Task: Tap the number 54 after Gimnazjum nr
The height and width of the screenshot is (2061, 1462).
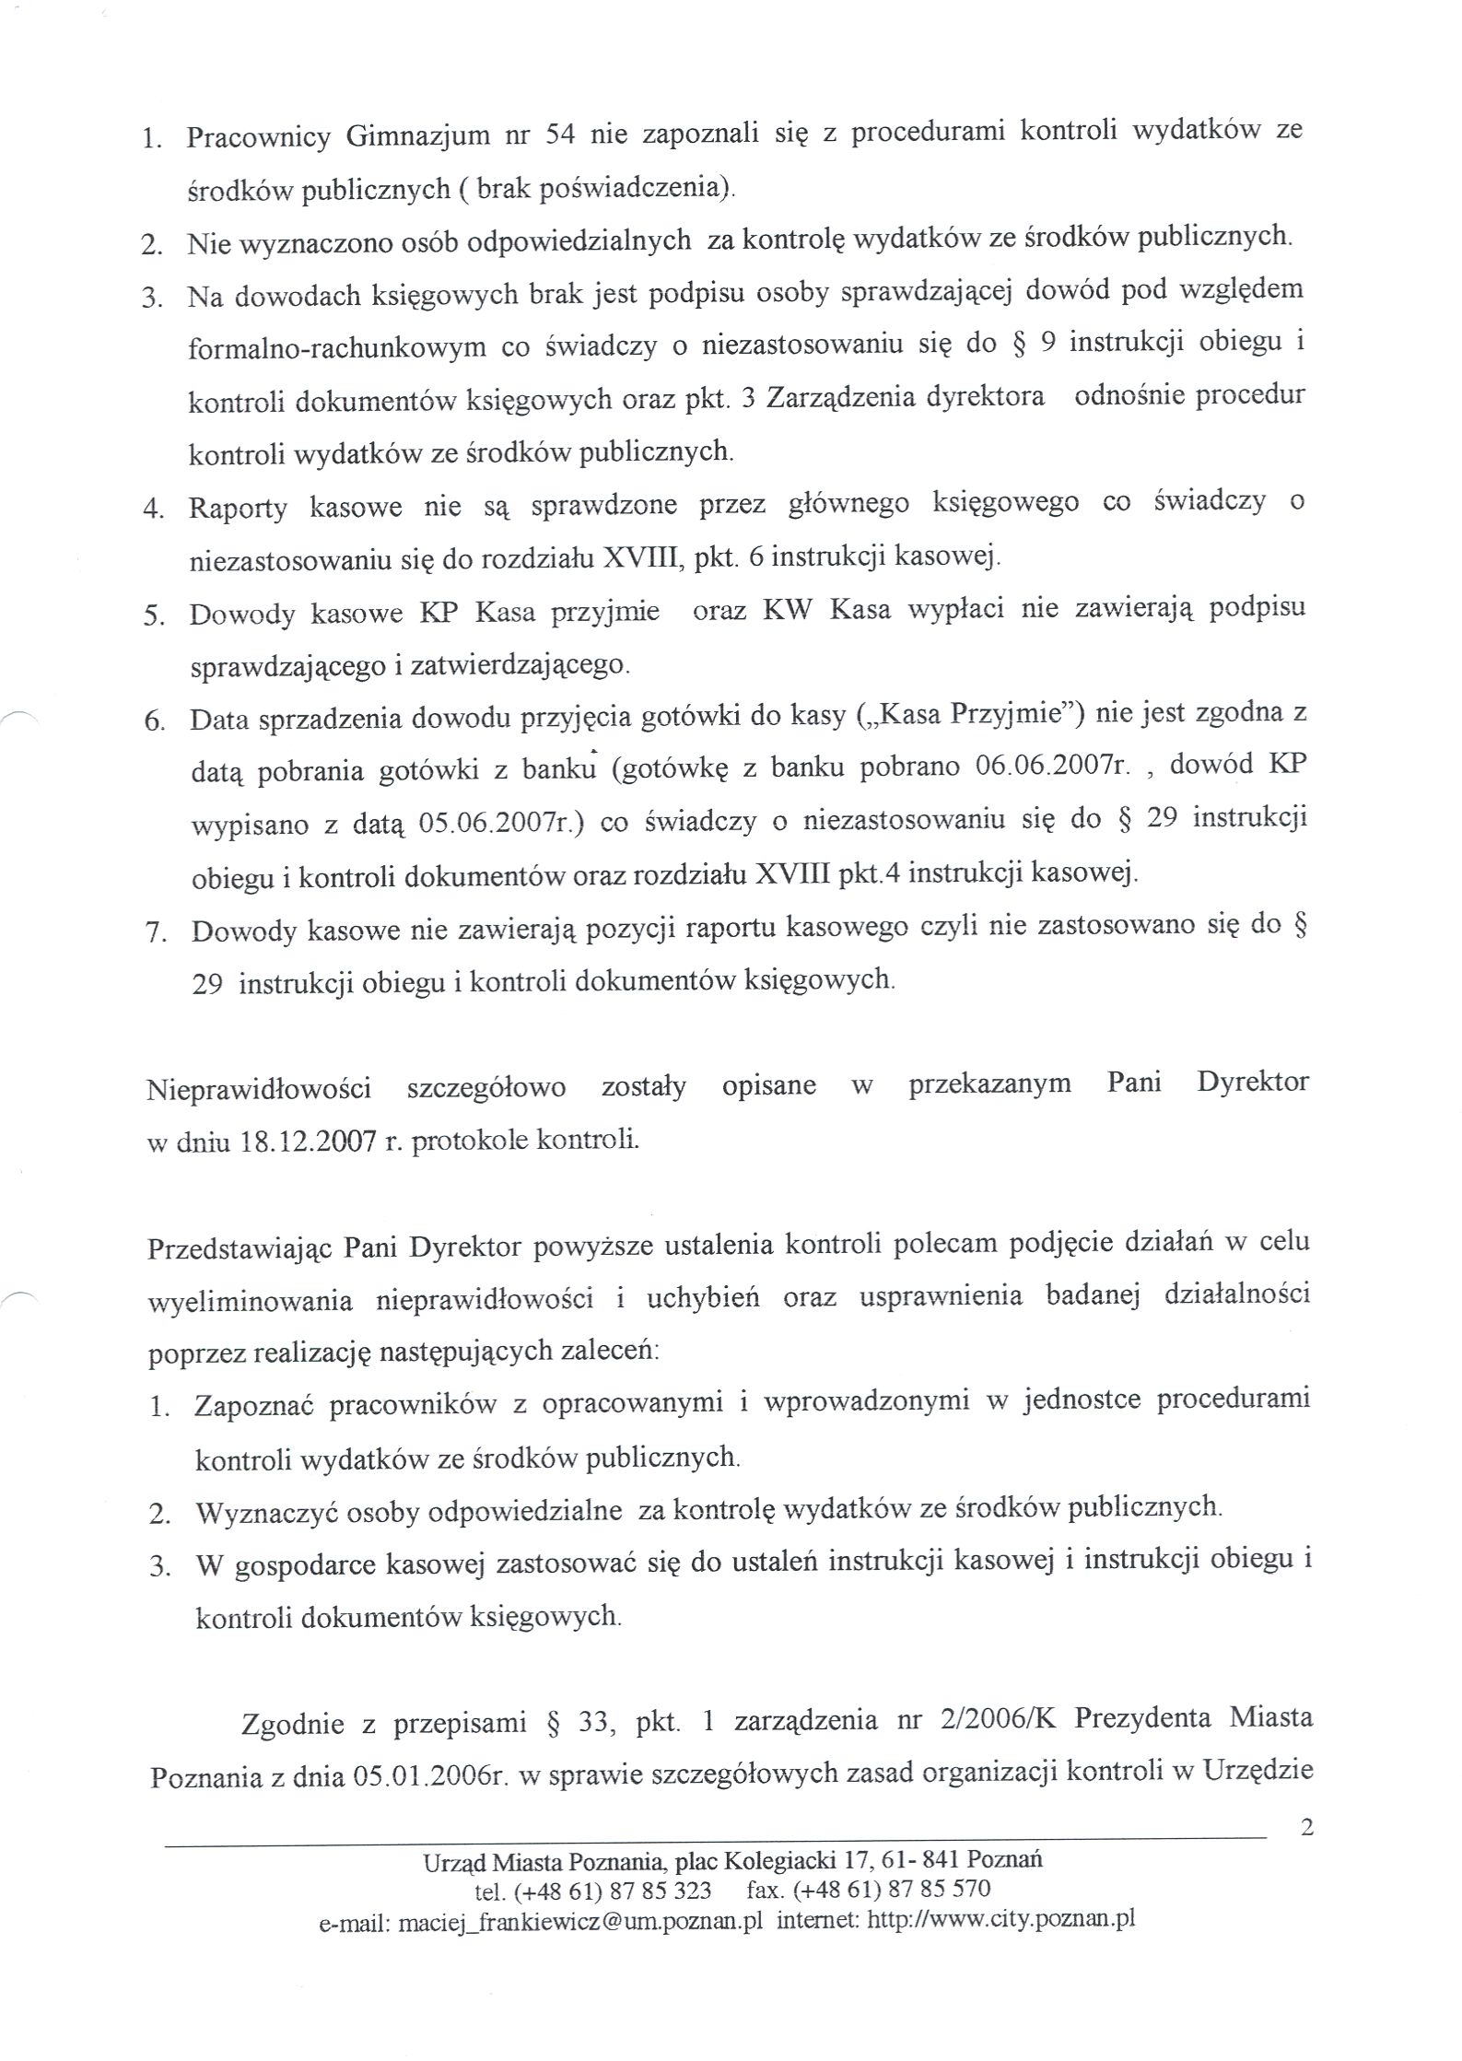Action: pyautogui.click(x=561, y=135)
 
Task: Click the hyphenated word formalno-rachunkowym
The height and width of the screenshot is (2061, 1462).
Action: pyautogui.click(x=337, y=346)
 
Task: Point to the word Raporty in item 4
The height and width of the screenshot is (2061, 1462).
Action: pyautogui.click(x=238, y=507)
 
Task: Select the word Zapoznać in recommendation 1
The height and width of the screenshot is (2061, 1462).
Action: pyautogui.click(x=254, y=1405)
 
